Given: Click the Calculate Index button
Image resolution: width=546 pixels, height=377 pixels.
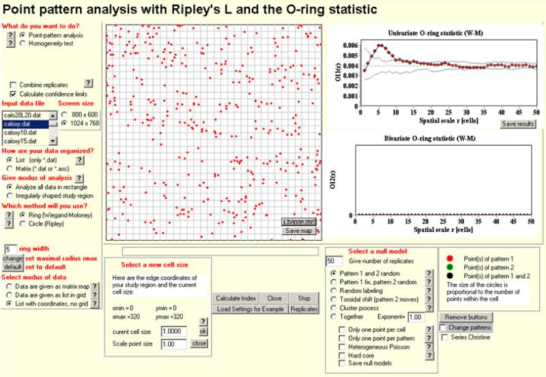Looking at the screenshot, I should (x=235, y=298).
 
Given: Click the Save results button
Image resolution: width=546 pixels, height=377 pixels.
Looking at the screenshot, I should (x=519, y=123).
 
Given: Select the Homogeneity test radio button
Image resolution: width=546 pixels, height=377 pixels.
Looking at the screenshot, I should (x=23, y=43).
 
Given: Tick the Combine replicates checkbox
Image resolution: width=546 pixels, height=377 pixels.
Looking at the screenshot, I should (x=14, y=84).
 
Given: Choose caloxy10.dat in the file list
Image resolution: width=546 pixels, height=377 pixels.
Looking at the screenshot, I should (x=19, y=132).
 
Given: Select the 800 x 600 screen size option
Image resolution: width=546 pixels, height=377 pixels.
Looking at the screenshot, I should (x=65, y=115).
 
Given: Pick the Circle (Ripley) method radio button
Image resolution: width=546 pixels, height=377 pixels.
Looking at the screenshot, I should (x=23, y=222).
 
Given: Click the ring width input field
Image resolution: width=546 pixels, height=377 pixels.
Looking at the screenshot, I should (x=11, y=250).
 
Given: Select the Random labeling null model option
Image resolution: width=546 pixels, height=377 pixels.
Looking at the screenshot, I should (x=334, y=288).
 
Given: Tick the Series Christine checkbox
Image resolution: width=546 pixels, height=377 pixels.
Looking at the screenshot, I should (x=445, y=337).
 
